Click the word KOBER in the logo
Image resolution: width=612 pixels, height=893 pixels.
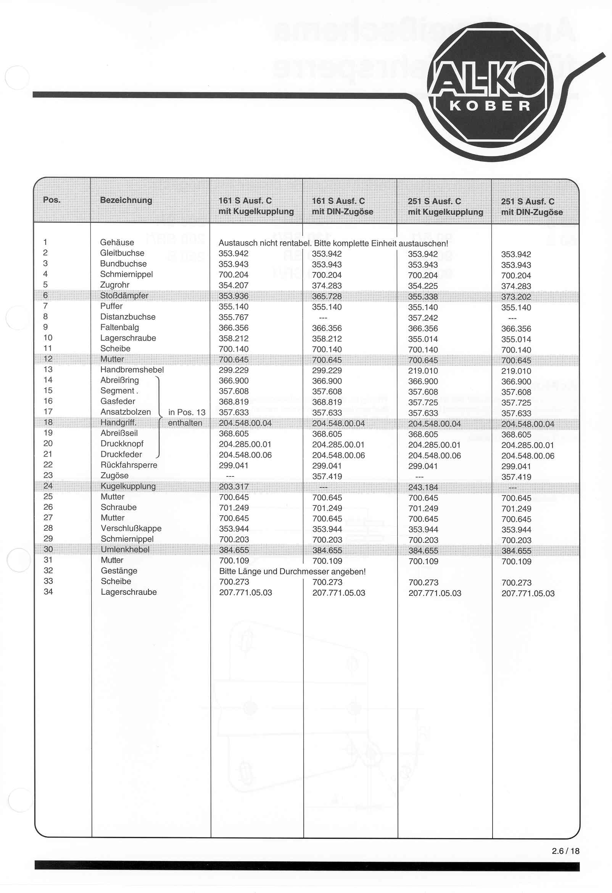click(x=490, y=106)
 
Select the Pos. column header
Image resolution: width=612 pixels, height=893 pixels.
click(x=52, y=200)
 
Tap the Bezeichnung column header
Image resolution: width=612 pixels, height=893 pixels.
click(x=126, y=200)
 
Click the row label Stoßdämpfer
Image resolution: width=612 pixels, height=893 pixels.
click(x=124, y=296)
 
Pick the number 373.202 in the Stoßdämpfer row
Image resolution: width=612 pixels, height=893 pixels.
click(x=516, y=297)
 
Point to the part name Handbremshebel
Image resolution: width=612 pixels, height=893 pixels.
click(x=132, y=370)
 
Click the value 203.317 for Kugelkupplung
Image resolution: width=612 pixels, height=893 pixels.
click(x=234, y=487)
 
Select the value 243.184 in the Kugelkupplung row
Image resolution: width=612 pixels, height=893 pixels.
click(x=423, y=488)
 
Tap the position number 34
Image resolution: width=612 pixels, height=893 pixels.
click(x=48, y=592)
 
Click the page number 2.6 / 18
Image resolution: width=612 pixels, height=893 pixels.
click(x=565, y=851)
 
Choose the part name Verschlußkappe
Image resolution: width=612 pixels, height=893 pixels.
click(x=131, y=528)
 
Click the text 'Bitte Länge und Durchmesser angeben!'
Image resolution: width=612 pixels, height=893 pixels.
click(x=292, y=571)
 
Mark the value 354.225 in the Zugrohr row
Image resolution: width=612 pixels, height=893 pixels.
click(x=423, y=286)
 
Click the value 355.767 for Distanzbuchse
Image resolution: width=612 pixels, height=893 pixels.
click(x=234, y=317)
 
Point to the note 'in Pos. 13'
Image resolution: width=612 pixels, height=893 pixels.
click(x=187, y=412)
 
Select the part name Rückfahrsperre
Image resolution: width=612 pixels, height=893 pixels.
click(x=129, y=465)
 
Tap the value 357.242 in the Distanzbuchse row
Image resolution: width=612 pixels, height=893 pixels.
click(x=423, y=318)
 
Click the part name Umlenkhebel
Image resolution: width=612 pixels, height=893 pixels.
click(x=125, y=549)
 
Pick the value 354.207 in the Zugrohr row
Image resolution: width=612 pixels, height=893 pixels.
click(x=234, y=285)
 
